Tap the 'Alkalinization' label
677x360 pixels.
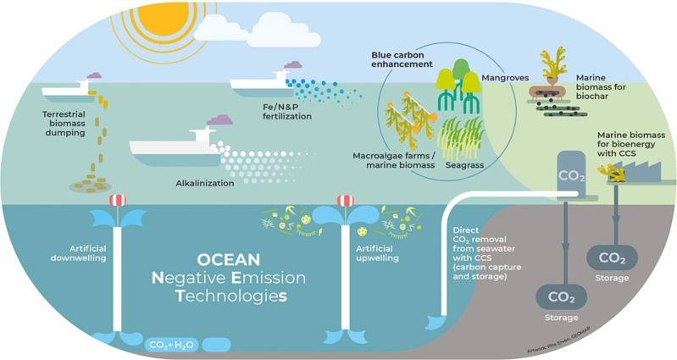pyautogui.click(x=205, y=184)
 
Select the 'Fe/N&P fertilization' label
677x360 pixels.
pyautogui.click(x=286, y=111)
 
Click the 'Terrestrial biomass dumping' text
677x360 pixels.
pyautogui.click(x=64, y=124)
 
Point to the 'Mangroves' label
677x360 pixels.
pyautogui.click(x=505, y=78)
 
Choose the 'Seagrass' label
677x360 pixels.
pyautogui.click(x=464, y=165)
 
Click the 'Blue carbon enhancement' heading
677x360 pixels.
pyautogui.click(x=402, y=59)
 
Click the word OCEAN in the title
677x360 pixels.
pyautogui.click(x=229, y=260)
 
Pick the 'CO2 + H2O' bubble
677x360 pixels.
pyautogui.click(x=172, y=345)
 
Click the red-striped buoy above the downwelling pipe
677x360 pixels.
pyautogui.click(x=118, y=200)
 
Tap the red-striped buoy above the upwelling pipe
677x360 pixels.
pyautogui.click(x=345, y=200)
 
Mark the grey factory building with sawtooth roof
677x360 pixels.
pyautogui.click(x=638, y=171)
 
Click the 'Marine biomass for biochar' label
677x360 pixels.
pyautogui.click(x=601, y=86)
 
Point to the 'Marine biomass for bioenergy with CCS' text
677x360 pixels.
pyautogui.click(x=630, y=144)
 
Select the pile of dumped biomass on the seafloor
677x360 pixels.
pyautogui.click(x=90, y=185)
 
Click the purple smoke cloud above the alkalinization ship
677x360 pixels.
pyautogui.click(x=219, y=119)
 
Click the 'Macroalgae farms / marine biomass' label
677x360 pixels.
pyautogui.click(x=394, y=160)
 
